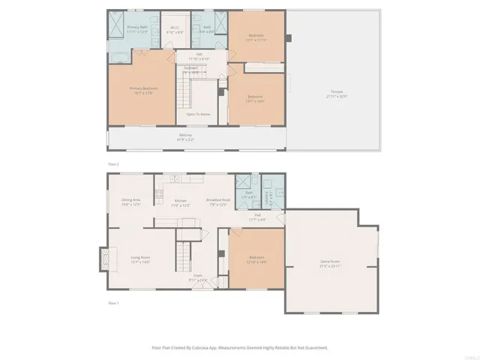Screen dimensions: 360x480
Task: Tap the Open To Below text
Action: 198,114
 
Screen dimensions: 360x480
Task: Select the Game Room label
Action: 331,264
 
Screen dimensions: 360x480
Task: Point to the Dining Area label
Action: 131,201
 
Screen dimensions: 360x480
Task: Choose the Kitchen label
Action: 180,202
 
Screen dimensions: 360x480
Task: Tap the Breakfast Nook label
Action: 217,202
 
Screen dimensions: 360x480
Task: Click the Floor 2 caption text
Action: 113,162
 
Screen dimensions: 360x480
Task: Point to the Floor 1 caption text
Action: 113,303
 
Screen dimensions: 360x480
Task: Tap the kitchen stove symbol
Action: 159,196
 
